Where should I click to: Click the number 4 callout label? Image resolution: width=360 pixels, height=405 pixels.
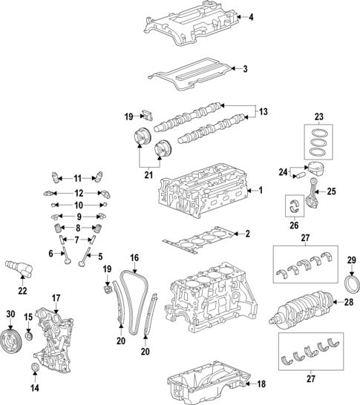click(251, 17)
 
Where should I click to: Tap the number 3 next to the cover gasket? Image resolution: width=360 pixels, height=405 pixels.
click(246, 70)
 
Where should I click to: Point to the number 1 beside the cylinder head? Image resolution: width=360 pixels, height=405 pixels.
click(260, 191)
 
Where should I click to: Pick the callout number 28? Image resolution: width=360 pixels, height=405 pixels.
click(348, 303)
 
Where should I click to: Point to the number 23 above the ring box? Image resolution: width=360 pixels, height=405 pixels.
click(320, 116)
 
